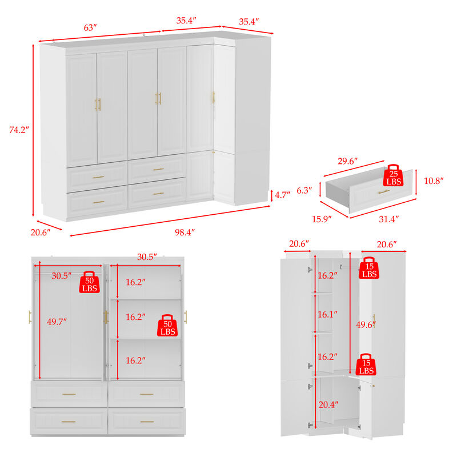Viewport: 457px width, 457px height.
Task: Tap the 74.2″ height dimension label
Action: coord(18,129)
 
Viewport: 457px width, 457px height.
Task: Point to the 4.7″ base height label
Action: coord(282,195)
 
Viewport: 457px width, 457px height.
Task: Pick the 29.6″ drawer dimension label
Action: coord(348,162)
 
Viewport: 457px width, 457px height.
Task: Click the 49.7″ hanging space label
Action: coord(57,322)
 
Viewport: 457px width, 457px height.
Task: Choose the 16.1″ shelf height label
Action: coord(327,314)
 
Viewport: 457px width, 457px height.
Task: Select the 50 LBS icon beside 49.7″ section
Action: coord(90,282)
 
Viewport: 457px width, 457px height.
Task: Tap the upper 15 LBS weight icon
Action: coord(370,269)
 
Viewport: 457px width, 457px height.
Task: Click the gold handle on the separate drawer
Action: coord(383,191)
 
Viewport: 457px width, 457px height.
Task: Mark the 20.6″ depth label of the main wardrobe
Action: coord(41,232)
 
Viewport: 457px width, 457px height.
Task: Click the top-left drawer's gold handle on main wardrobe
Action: coord(98,178)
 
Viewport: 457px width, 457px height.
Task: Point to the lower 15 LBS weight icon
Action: coord(367,365)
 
